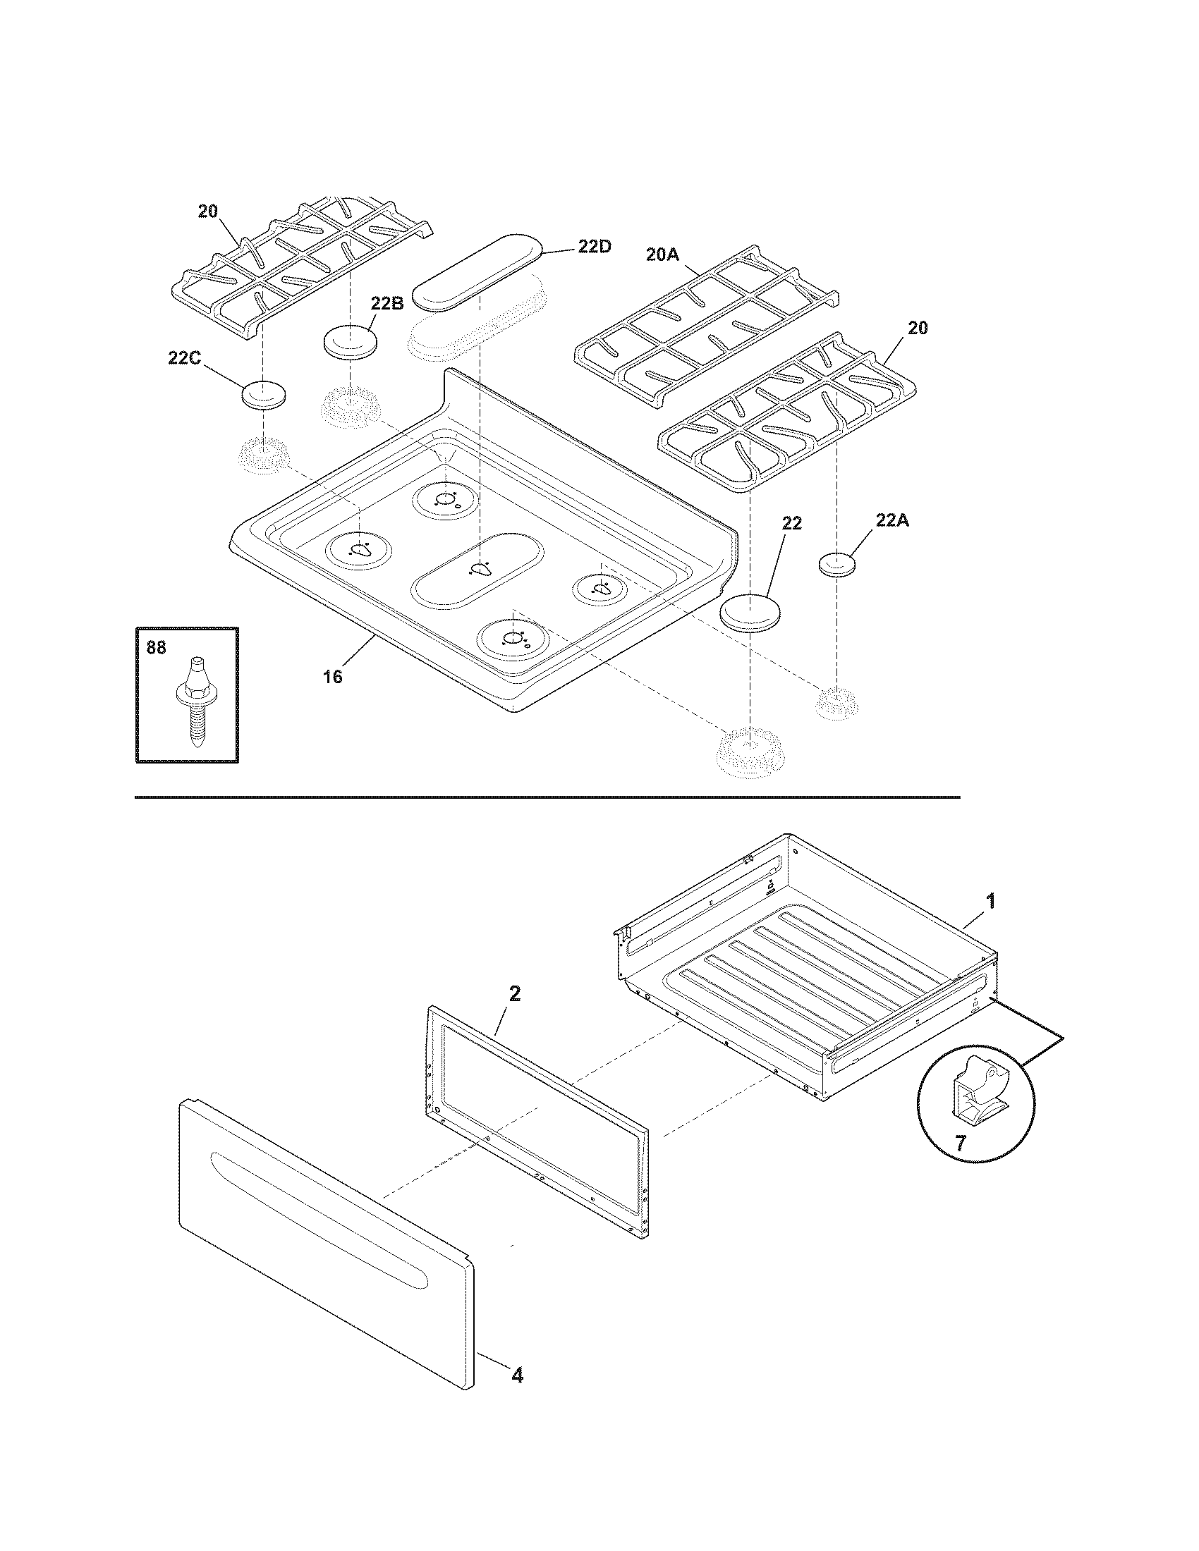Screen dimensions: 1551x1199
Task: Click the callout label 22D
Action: coord(595,247)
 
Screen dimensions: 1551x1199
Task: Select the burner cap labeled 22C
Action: coord(266,395)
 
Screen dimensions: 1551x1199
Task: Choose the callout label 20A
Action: coord(663,255)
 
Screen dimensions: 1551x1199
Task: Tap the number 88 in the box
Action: coord(157,647)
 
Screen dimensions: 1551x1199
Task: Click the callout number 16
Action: coord(332,677)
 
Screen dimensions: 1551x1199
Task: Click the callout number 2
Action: coord(515,994)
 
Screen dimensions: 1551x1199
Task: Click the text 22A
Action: coord(892,520)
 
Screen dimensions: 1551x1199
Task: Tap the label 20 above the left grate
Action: coord(207,211)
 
